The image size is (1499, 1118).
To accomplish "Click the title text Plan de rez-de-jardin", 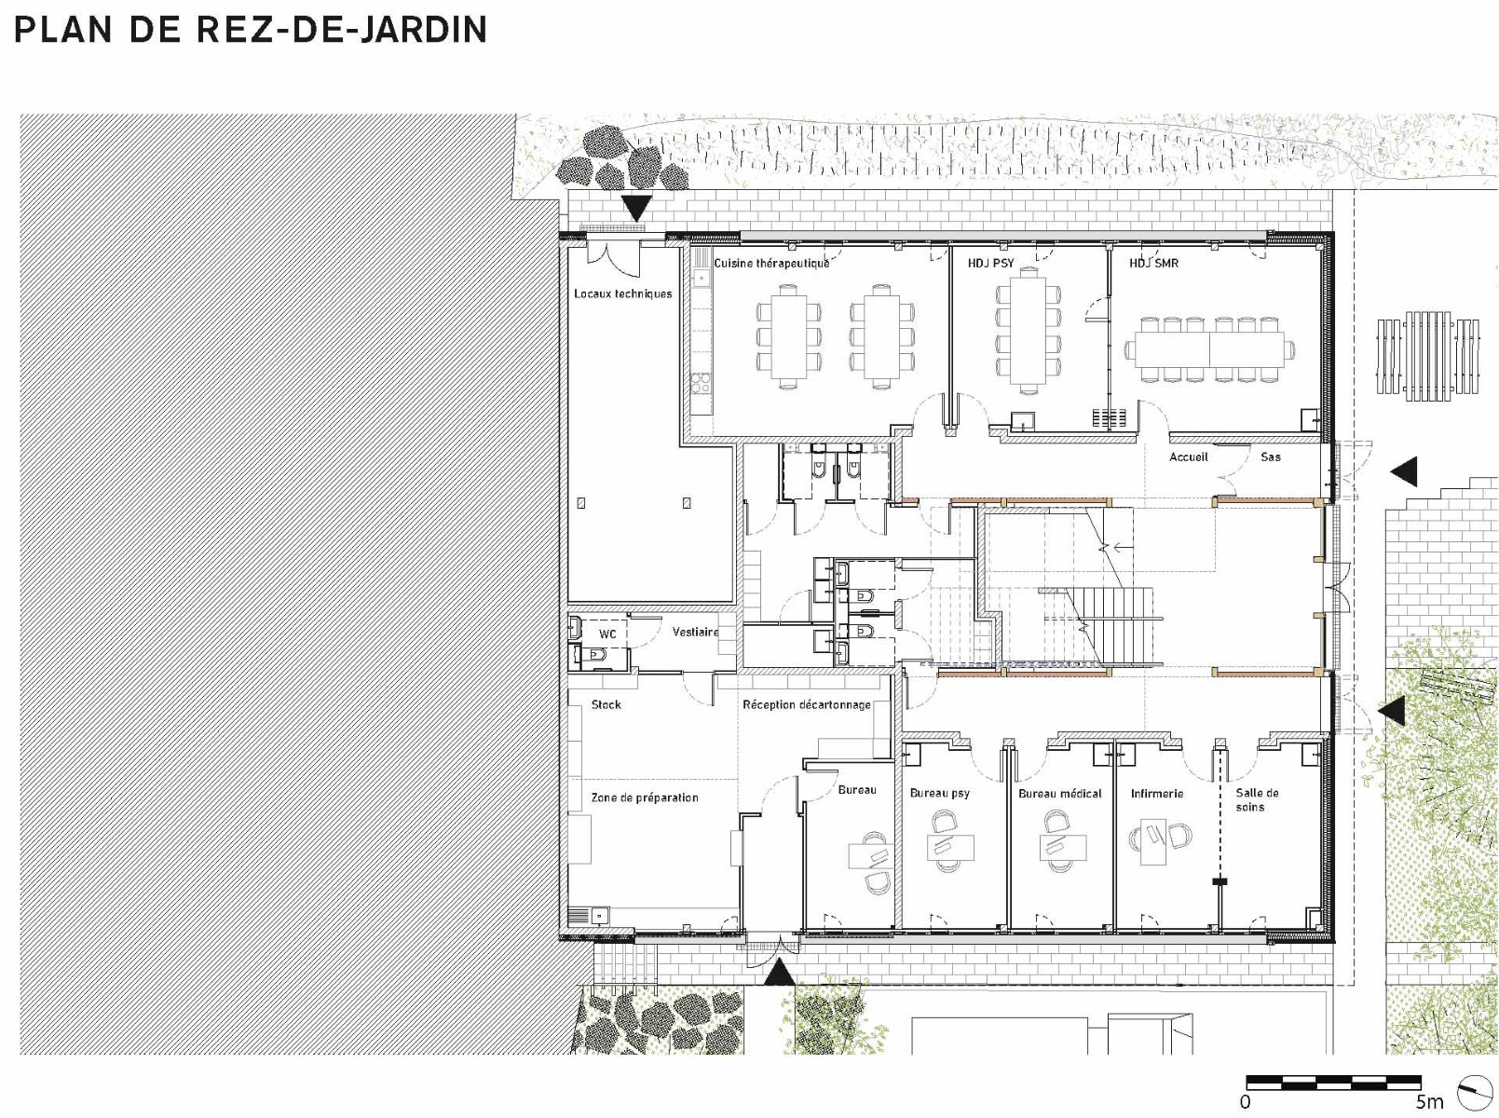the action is [250, 30].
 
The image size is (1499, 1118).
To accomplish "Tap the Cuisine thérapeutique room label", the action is [771, 263].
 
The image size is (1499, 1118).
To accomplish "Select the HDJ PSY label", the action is [990, 263].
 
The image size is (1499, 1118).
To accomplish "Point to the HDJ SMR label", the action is [1153, 263].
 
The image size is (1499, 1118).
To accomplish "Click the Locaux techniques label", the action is [623, 293].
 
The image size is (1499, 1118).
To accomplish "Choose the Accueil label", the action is [1188, 457].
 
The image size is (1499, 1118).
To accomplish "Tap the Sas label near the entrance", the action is [1270, 457].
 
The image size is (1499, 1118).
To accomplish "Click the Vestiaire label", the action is [695, 632].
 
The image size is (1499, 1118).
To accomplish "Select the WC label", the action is [607, 634].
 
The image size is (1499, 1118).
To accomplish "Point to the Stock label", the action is [606, 704].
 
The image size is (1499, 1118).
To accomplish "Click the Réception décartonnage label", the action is [807, 704].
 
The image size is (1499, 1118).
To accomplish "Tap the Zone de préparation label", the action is [645, 797].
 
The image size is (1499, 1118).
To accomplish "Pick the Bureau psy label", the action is [940, 793].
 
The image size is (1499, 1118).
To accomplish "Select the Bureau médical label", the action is [1060, 793].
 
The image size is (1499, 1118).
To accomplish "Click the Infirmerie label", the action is [1157, 793].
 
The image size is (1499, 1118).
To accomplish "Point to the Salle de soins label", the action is [1257, 799].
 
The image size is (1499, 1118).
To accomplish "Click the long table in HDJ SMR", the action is [1210, 349].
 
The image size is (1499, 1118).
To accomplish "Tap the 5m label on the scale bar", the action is [1429, 1101].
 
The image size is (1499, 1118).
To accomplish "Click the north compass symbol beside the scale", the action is [1475, 1094].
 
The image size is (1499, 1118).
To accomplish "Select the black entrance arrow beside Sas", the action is [1404, 471].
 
